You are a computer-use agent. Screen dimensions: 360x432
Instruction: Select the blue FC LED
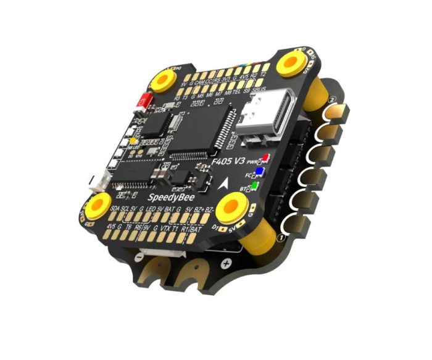point(261,173)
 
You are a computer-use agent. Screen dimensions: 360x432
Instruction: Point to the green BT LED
point(255,185)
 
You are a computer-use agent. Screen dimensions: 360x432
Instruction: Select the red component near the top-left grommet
point(147,99)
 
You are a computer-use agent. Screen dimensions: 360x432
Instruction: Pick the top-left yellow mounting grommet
point(164,80)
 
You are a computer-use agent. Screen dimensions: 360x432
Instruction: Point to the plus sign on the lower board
point(226,263)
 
